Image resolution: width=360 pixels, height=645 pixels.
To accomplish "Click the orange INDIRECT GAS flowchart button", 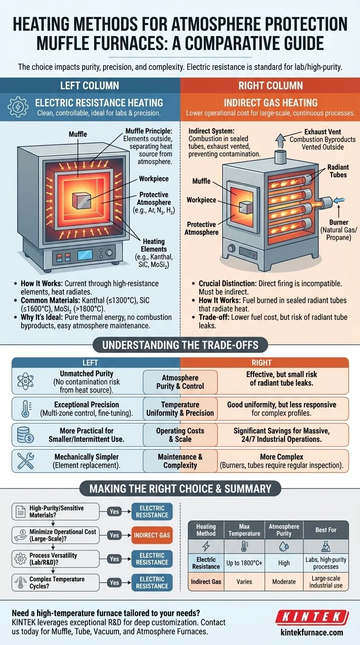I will [152, 535].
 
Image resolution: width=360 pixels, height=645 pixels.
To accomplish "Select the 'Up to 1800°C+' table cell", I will [244, 563].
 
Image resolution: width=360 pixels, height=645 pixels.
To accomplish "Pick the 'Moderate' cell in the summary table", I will [284, 582].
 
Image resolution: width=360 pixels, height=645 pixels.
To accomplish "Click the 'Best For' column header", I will [326, 529].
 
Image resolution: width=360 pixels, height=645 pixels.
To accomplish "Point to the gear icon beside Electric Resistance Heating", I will [19, 107].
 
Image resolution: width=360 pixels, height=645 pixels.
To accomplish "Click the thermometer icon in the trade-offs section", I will [22, 408].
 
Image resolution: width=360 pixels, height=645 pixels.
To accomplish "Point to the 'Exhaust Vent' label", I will [322, 132].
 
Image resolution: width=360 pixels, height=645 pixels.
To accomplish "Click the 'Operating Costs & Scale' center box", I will [180, 435].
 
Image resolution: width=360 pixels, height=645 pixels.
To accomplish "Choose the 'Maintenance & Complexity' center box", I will [180, 461].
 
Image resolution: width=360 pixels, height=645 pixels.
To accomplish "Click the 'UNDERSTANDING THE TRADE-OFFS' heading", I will [180, 345].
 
